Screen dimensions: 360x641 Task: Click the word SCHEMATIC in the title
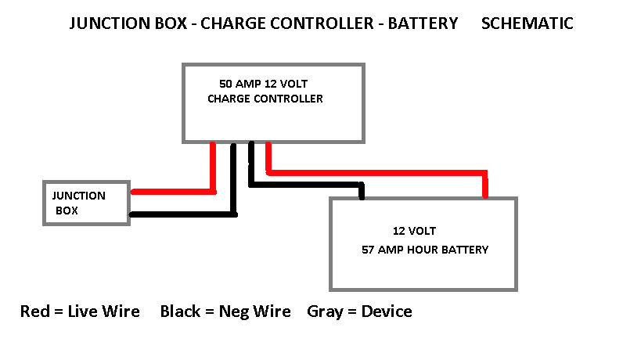tap(527, 23)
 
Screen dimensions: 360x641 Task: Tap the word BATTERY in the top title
tap(423, 23)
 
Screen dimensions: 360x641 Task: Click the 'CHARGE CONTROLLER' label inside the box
tap(265, 99)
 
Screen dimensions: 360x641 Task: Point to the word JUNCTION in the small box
tap(78, 196)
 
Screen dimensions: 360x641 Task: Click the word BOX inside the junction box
tap(67, 211)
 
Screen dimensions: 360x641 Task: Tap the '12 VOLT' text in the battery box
tap(414, 231)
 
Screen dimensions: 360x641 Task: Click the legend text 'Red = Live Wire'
tap(80, 311)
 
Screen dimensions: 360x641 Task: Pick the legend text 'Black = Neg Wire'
tap(225, 311)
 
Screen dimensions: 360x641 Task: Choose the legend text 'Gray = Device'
tap(359, 311)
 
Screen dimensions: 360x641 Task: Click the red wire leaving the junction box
tap(172, 191)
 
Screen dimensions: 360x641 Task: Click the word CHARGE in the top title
tap(232, 23)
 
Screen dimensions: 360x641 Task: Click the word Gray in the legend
tap(324, 311)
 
